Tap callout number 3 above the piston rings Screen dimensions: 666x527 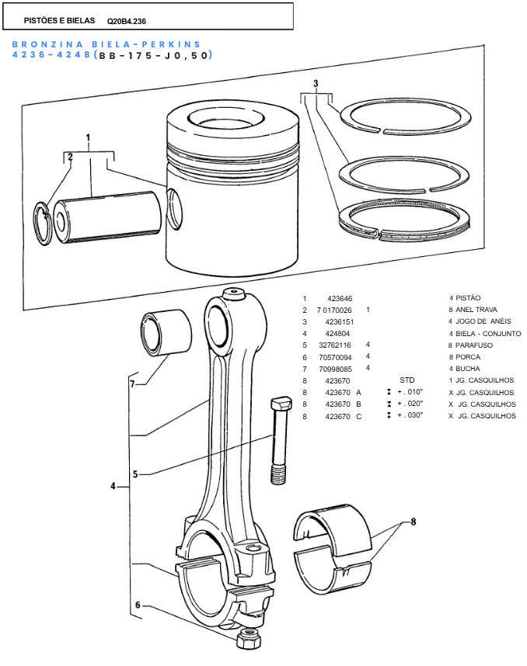coord(316,83)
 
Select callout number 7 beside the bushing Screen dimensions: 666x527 coord(132,383)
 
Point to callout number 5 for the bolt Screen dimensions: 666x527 coord(134,473)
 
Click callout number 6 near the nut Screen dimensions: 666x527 coord(138,605)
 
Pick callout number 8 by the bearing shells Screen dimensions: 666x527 coord(414,522)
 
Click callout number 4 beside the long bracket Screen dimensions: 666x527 coord(113,487)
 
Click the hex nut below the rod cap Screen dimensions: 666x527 coord(248,640)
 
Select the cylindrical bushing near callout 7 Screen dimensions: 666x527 coord(166,334)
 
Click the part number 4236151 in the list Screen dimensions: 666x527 coord(339,321)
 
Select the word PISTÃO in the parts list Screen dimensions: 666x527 coord(468,298)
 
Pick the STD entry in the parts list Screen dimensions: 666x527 coord(407,380)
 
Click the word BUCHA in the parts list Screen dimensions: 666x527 coord(467,369)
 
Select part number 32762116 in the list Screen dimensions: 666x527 coord(335,345)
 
